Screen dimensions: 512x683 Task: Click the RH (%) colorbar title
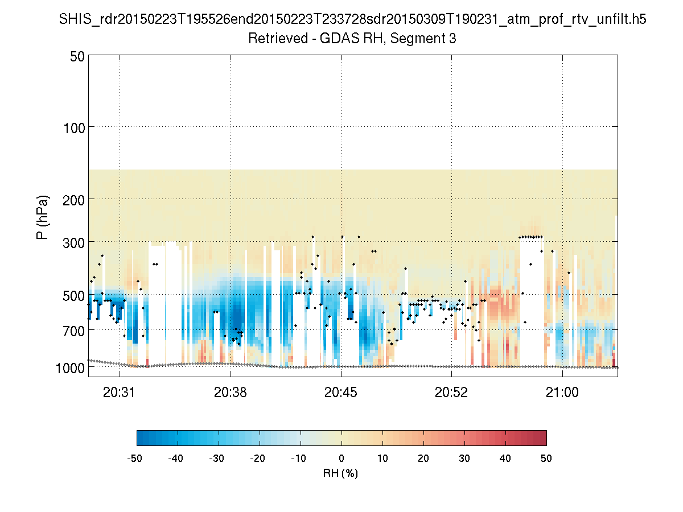pos(341,473)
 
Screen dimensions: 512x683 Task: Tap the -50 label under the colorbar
pos(135,458)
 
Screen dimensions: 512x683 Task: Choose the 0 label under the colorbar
pos(341,458)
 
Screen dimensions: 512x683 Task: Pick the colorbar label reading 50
pos(546,458)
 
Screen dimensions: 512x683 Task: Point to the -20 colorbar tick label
pos(258,458)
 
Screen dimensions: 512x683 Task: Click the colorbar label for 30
pos(464,458)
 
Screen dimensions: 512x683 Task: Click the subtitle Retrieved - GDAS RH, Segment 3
pos(352,39)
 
